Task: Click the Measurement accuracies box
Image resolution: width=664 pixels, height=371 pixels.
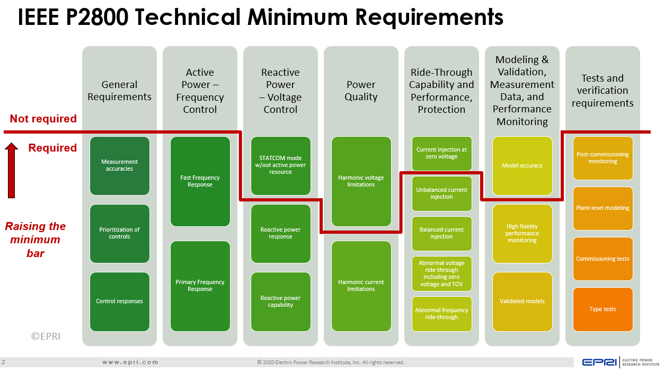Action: [x=120, y=165]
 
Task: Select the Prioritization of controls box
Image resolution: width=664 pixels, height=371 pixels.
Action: [x=120, y=233]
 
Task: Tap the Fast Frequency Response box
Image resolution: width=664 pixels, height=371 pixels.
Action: [x=200, y=181]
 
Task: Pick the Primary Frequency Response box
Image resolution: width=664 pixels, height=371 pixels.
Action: [x=200, y=286]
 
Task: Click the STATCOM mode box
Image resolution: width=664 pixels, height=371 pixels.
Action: [x=281, y=165]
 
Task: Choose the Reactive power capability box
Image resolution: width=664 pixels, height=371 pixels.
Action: [x=281, y=302]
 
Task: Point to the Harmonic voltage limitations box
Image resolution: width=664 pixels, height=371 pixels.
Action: [x=361, y=181]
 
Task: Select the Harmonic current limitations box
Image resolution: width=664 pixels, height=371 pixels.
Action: [x=361, y=286]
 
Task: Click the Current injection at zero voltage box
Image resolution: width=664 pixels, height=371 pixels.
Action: [x=442, y=153]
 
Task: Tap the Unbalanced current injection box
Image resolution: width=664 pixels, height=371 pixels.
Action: [x=442, y=193]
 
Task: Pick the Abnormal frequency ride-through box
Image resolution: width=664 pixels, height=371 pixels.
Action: [x=442, y=314]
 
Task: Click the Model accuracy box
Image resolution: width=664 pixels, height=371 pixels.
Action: [x=523, y=165]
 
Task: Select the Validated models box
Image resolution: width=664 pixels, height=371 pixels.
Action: [x=523, y=302]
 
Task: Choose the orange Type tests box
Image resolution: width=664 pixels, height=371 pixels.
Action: [x=603, y=310]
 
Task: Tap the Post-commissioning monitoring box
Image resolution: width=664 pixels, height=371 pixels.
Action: [x=603, y=158]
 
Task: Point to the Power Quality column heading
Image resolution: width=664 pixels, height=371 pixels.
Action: [x=361, y=91]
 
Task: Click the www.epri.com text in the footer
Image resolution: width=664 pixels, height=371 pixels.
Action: [x=130, y=363]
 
